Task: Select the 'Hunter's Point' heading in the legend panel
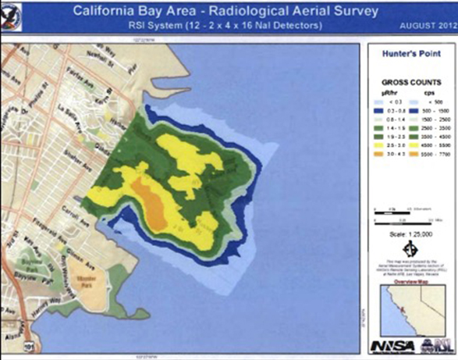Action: point(412,55)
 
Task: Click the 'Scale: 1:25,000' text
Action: point(412,233)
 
